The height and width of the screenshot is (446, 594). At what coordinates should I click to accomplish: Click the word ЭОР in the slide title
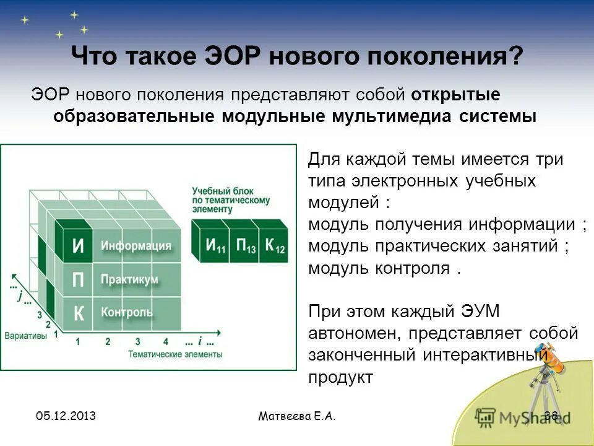[232, 57]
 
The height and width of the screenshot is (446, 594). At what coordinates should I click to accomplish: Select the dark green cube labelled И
[78, 245]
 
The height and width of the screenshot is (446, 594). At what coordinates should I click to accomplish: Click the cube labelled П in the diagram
[78, 280]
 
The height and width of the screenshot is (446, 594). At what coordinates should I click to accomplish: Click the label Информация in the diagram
[136, 245]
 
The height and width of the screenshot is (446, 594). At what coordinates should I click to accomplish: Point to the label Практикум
[129, 279]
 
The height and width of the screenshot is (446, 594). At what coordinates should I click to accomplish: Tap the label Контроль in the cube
[126, 312]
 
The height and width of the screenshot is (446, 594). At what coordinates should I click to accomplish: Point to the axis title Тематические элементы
[175, 354]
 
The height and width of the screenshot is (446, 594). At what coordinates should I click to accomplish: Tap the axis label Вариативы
[26, 335]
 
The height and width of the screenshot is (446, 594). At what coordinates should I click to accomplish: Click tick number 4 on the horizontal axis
[165, 341]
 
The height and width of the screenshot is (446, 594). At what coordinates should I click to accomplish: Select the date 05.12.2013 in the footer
[65, 416]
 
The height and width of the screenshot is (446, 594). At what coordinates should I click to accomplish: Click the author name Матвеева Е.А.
[296, 416]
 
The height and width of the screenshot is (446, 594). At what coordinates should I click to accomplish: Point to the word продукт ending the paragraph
[340, 377]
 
